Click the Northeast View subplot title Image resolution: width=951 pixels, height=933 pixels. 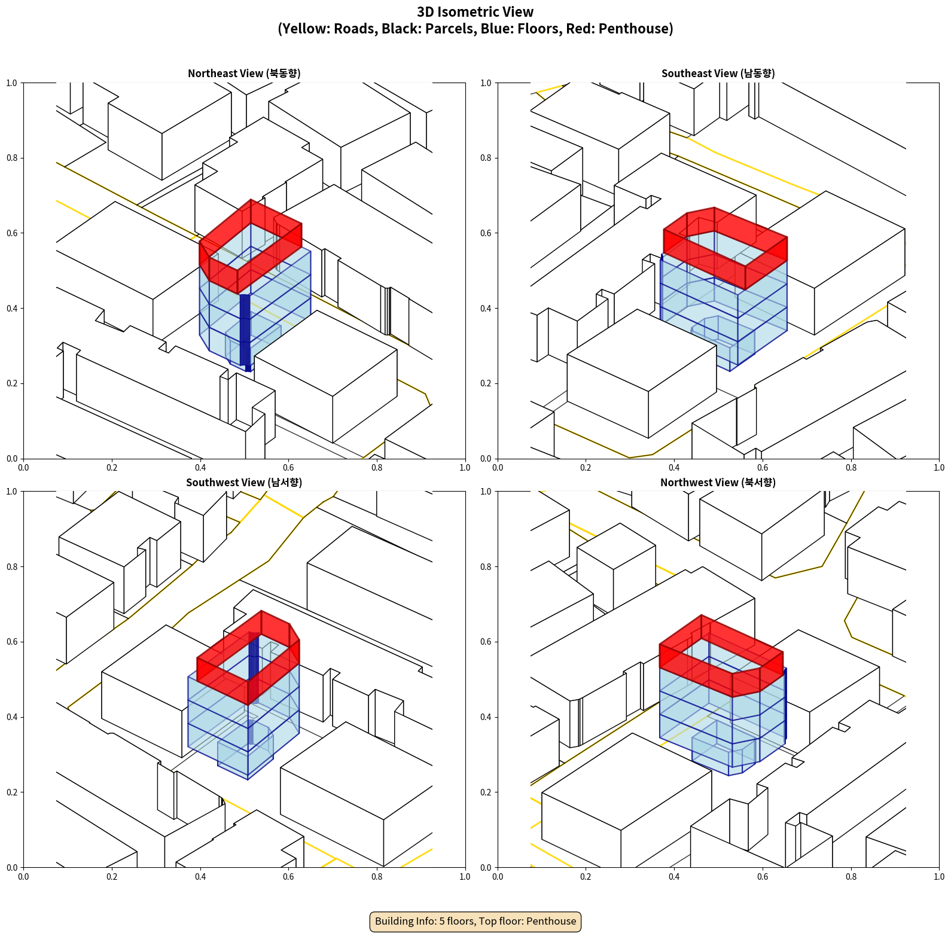pyautogui.click(x=244, y=74)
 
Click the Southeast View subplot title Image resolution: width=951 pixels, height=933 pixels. pyautogui.click(x=718, y=74)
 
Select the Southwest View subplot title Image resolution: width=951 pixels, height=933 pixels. pyautogui.click(x=244, y=483)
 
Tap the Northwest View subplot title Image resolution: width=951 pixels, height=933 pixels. pyautogui.click(x=718, y=483)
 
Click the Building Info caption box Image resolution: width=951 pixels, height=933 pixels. pyautogui.click(x=475, y=921)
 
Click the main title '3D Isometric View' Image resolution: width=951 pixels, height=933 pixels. pyautogui.click(x=475, y=12)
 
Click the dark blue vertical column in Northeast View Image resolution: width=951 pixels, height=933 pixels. pyautogui.click(x=245, y=332)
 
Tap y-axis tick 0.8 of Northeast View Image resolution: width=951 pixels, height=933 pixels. pyautogui.click(x=13, y=158)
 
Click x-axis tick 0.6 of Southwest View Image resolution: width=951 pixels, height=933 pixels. pyautogui.click(x=288, y=877)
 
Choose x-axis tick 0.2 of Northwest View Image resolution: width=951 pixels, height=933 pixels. pyautogui.click(x=586, y=877)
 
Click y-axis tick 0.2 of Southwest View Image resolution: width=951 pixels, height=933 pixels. pyautogui.click(x=13, y=792)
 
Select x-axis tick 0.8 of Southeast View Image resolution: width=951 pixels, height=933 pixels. pyautogui.click(x=851, y=468)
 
